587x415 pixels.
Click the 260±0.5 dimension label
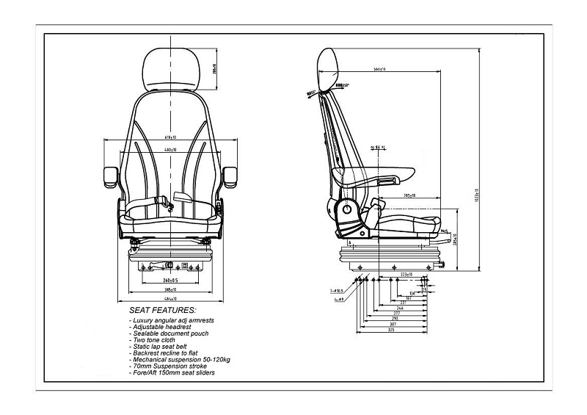tap(170, 280)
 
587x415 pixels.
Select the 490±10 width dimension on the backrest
tap(170, 150)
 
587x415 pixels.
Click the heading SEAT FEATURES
tap(162, 311)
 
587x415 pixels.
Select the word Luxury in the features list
tap(145, 321)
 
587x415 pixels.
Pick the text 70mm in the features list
tap(141, 367)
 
